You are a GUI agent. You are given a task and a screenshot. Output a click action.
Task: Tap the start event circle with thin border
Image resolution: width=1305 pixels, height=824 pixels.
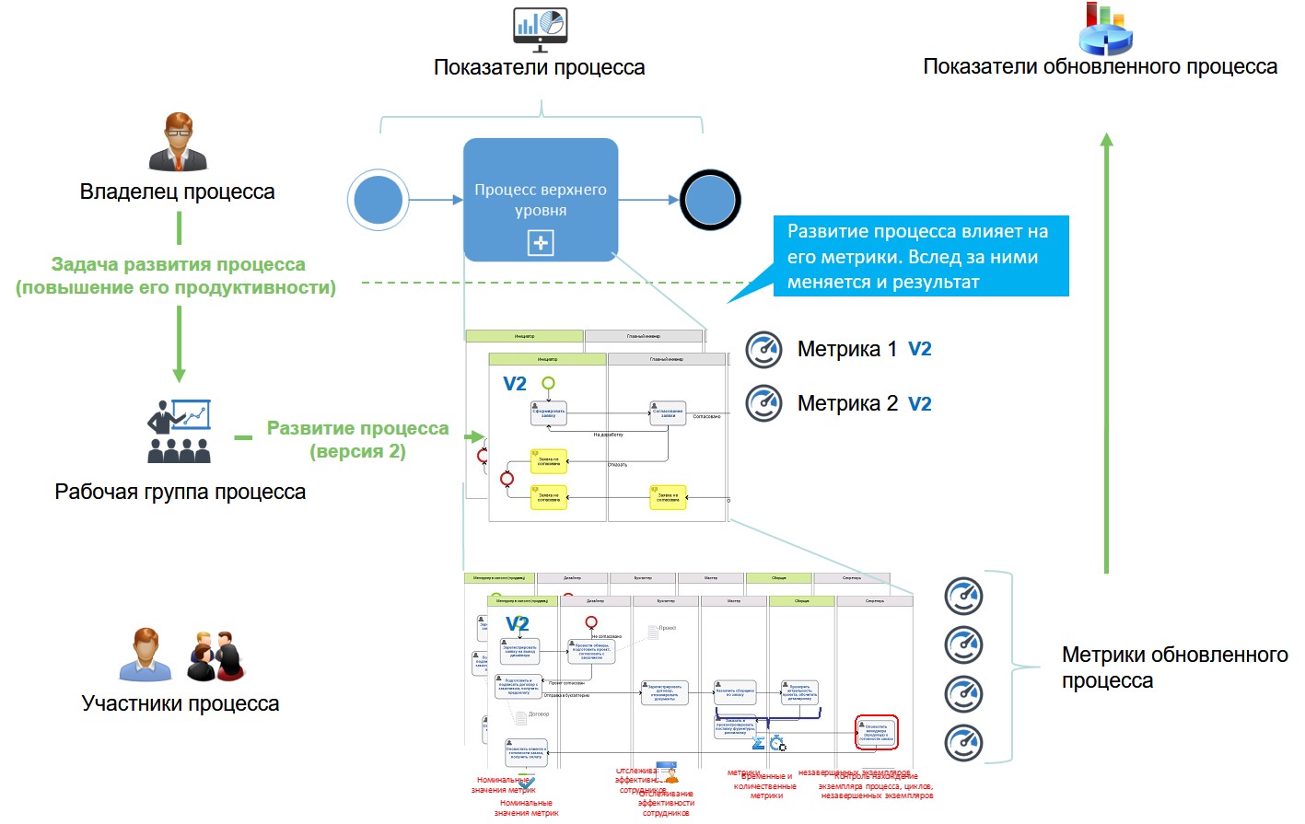click(x=378, y=200)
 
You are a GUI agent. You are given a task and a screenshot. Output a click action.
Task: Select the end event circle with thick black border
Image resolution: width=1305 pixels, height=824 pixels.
click(x=710, y=200)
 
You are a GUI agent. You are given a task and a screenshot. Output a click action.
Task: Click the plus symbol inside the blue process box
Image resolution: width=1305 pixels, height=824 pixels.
click(x=541, y=243)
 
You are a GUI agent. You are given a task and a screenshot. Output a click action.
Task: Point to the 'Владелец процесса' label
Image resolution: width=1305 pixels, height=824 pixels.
click(x=178, y=191)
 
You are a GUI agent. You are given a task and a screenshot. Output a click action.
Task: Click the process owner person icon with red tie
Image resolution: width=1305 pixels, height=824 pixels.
click(x=179, y=142)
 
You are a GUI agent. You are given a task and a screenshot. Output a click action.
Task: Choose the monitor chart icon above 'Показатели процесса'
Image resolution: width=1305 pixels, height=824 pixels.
click(x=540, y=28)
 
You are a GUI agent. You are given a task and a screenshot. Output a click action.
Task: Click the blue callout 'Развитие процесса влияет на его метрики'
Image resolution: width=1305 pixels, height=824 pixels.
click(x=921, y=256)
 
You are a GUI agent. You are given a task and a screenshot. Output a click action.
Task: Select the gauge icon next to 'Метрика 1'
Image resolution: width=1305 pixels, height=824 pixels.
click(x=763, y=350)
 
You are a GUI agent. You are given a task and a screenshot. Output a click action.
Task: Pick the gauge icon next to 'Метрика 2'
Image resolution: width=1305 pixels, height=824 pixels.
click(x=763, y=403)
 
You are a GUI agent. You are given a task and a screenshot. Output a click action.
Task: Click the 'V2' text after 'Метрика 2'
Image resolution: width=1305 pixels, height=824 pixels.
click(x=920, y=404)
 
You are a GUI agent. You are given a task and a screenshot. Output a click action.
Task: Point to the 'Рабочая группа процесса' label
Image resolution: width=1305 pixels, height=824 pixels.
click(x=181, y=492)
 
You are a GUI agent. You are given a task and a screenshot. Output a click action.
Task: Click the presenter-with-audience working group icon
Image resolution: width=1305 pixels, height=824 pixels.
click(x=180, y=431)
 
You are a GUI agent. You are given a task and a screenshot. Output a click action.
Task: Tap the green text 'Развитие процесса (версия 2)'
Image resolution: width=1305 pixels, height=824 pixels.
click(x=357, y=439)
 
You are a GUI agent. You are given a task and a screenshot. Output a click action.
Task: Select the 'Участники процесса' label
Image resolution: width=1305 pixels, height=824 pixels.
click(x=181, y=703)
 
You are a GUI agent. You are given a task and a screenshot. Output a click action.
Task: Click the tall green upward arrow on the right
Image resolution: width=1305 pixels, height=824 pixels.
click(x=1107, y=354)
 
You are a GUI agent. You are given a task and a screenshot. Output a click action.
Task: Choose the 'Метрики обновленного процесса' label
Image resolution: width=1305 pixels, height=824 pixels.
click(x=1174, y=667)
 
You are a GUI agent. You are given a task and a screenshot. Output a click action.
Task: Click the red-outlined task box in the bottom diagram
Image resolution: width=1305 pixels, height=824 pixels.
click(x=876, y=732)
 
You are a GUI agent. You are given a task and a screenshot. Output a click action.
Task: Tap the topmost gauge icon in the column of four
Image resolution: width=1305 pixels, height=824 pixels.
click(x=963, y=596)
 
